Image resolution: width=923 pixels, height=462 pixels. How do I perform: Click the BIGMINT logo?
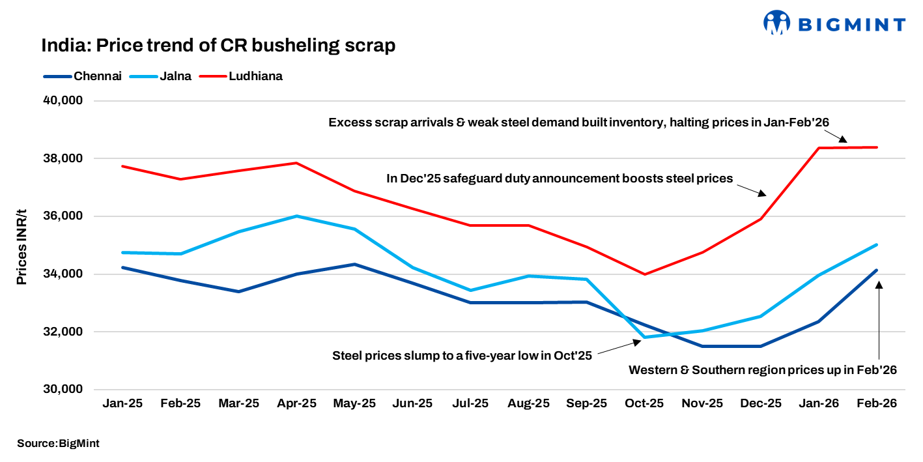[834, 24]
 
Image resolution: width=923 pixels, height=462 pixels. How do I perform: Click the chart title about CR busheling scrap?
[218, 46]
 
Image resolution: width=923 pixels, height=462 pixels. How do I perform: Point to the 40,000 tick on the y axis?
[60, 101]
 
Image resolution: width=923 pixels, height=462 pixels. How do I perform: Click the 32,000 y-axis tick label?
[60, 332]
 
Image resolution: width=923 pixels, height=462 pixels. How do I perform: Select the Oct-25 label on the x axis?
[644, 403]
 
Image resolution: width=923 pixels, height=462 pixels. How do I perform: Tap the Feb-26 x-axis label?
[876, 403]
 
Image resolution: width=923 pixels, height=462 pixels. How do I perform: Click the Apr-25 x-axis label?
[296, 403]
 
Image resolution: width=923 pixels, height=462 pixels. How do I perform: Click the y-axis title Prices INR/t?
[22, 245]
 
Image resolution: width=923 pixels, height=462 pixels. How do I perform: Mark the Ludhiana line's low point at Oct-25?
[644, 274]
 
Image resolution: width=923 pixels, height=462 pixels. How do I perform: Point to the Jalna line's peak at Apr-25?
[296, 216]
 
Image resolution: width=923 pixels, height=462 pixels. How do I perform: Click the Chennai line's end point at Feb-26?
[876, 270]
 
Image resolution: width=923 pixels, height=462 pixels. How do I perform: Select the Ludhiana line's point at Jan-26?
[818, 148]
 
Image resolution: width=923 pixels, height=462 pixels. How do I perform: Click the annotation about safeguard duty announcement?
[560, 178]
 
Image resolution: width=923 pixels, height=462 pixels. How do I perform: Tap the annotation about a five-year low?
[462, 356]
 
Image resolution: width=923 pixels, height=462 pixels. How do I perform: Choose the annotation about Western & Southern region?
[763, 370]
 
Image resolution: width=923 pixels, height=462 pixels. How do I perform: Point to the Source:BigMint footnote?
[58, 443]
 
